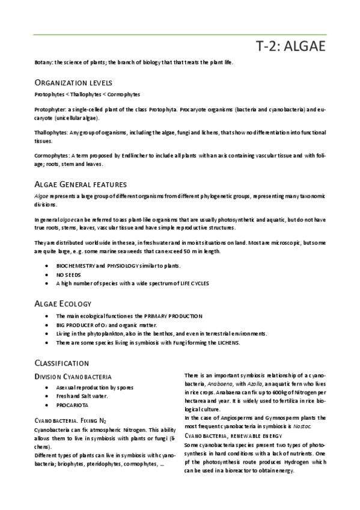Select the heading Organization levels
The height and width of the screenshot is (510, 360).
(69, 82)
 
